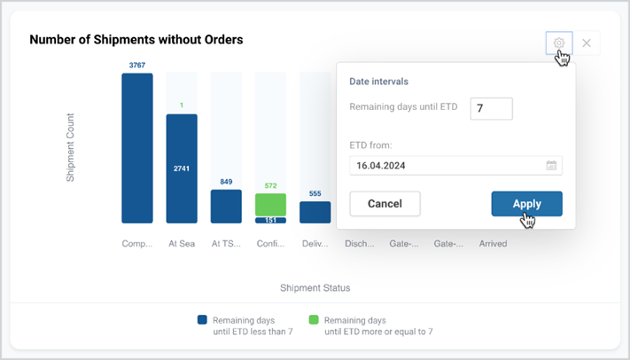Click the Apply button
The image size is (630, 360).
pyautogui.click(x=526, y=204)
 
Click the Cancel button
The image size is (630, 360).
pyautogui.click(x=385, y=204)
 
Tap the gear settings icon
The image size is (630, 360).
pyautogui.click(x=559, y=43)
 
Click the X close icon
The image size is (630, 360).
pyautogui.click(x=587, y=43)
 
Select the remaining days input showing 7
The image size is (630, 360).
pyautogui.click(x=492, y=108)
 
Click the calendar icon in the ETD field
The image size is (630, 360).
pyautogui.click(x=551, y=165)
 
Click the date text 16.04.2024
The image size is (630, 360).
pyautogui.click(x=380, y=166)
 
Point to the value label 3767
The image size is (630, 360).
pyautogui.click(x=137, y=65)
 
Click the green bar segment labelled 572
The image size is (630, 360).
pyautogui.click(x=271, y=205)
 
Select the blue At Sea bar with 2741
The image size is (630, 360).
pyautogui.click(x=182, y=168)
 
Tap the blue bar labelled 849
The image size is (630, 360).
pyautogui.click(x=226, y=207)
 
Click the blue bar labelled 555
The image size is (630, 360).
pyautogui.click(x=315, y=213)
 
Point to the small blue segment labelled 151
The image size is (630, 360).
pyautogui.click(x=271, y=220)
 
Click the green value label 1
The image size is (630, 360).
pyautogui.click(x=182, y=106)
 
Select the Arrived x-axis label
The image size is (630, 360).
pyautogui.click(x=493, y=244)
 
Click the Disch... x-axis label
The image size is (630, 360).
pyautogui.click(x=360, y=244)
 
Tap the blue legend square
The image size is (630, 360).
pyautogui.click(x=202, y=320)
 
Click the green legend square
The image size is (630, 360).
pyautogui.click(x=314, y=320)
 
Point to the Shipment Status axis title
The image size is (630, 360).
pyautogui.click(x=315, y=288)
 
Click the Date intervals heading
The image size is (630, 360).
pyautogui.click(x=379, y=82)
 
